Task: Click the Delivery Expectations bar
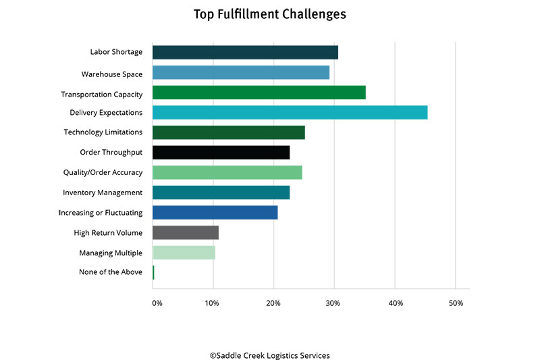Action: click(290, 112)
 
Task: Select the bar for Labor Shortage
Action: click(245, 52)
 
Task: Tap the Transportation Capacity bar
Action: click(259, 93)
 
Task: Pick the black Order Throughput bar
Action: click(221, 153)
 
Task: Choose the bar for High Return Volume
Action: click(186, 233)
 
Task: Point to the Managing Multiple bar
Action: click(184, 253)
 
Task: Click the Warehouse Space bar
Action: click(241, 72)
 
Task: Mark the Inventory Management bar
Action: click(221, 192)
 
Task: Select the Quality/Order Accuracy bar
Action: click(227, 172)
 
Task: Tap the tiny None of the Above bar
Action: click(153, 273)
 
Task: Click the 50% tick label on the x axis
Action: click(456, 303)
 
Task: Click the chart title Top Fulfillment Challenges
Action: click(270, 14)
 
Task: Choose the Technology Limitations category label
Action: click(103, 132)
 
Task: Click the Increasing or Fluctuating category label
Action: click(101, 213)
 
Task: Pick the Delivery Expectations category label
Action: click(106, 112)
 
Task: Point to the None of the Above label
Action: click(111, 273)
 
